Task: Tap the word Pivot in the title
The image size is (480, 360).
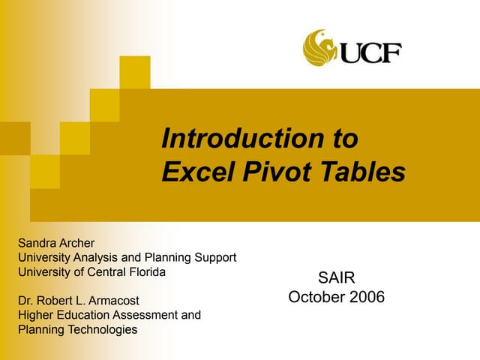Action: tap(265, 172)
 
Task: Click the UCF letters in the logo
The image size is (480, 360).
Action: tap(370, 52)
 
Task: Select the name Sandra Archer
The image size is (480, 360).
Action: tap(55, 243)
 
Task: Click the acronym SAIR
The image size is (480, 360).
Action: tap(337, 279)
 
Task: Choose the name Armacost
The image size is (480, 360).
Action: tap(113, 301)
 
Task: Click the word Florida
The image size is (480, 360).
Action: tap(145, 271)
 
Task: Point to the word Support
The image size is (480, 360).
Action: tap(216, 257)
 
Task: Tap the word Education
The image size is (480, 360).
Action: tap(85, 315)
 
